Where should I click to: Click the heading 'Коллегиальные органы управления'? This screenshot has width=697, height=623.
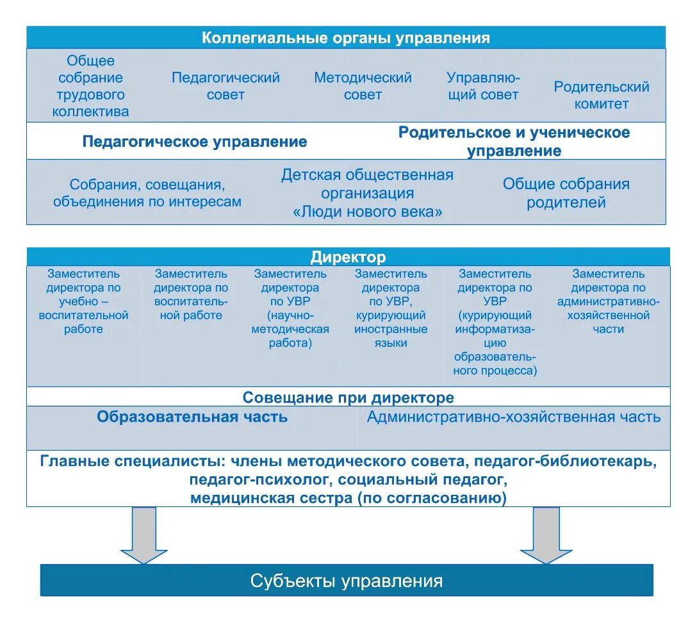(346, 38)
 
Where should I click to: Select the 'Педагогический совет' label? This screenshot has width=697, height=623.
(225, 87)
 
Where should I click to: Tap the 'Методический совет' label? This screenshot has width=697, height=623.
(363, 87)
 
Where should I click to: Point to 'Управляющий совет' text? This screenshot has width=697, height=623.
(483, 87)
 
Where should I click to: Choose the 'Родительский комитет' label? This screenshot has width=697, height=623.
(601, 96)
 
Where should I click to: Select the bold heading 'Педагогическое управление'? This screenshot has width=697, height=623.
(195, 142)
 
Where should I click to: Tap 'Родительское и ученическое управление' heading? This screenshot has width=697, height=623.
(514, 142)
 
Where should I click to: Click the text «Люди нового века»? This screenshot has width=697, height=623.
(368, 212)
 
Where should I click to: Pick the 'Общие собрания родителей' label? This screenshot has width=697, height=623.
(566, 194)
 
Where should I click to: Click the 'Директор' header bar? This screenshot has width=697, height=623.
(348, 258)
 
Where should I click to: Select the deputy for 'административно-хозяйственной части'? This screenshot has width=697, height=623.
(609, 301)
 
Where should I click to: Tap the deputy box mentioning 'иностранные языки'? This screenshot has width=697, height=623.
(391, 308)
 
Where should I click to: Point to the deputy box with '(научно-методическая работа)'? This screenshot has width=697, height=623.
(290, 308)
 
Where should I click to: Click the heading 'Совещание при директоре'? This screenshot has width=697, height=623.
(348, 398)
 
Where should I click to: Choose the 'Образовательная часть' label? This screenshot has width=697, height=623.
(192, 417)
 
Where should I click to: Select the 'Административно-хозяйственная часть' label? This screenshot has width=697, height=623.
(513, 417)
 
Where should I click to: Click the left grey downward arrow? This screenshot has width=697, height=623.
(143, 535)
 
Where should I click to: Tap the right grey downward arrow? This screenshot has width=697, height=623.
(546, 535)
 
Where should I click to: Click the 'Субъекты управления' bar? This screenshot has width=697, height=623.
(347, 581)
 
